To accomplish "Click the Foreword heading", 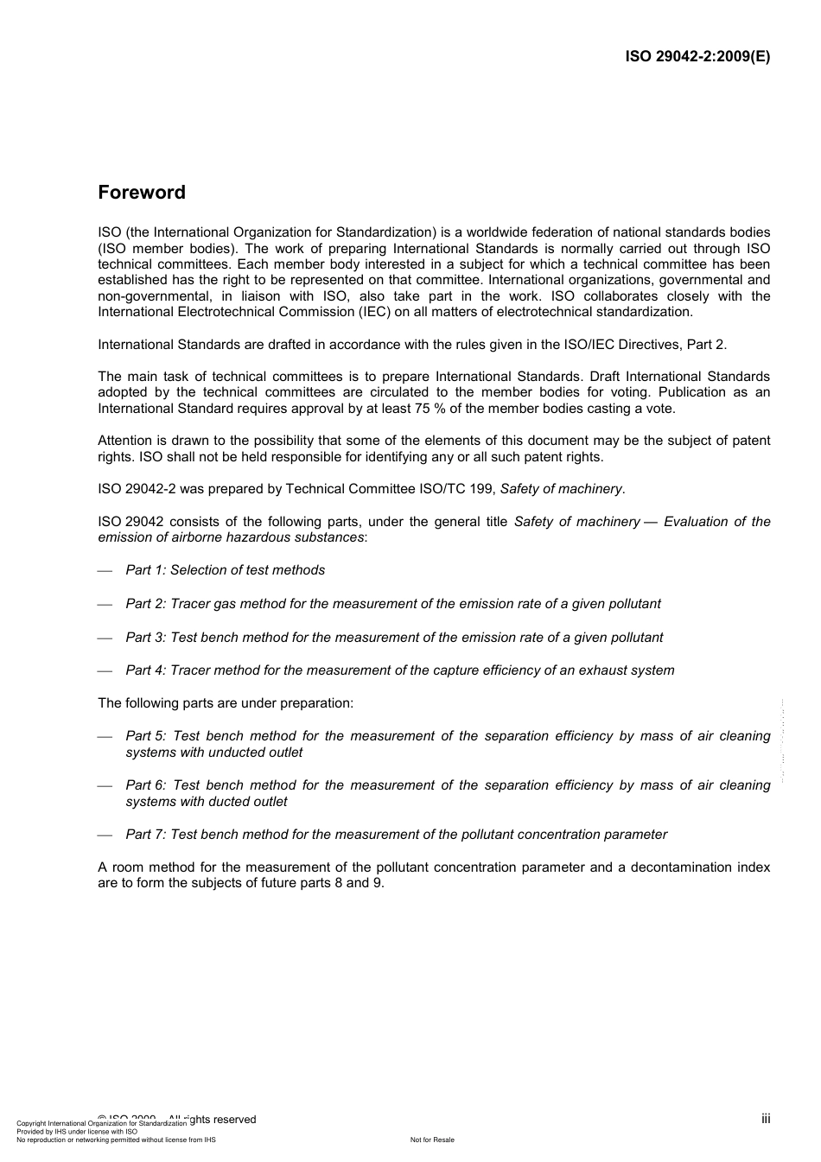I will (142, 193).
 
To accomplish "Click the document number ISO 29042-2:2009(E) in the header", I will (697, 57).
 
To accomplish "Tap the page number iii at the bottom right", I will (766, 1119).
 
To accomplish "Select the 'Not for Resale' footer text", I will (432, 1140).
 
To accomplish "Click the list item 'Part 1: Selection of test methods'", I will (226, 570).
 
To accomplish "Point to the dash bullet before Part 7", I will (105, 835).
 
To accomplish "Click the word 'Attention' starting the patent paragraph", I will (125, 441).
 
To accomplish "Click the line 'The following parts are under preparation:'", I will (226, 703).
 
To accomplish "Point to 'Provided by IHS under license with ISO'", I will (77, 1132).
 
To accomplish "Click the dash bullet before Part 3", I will (105, 638).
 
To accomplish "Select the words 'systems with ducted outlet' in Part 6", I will (207, 802).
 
